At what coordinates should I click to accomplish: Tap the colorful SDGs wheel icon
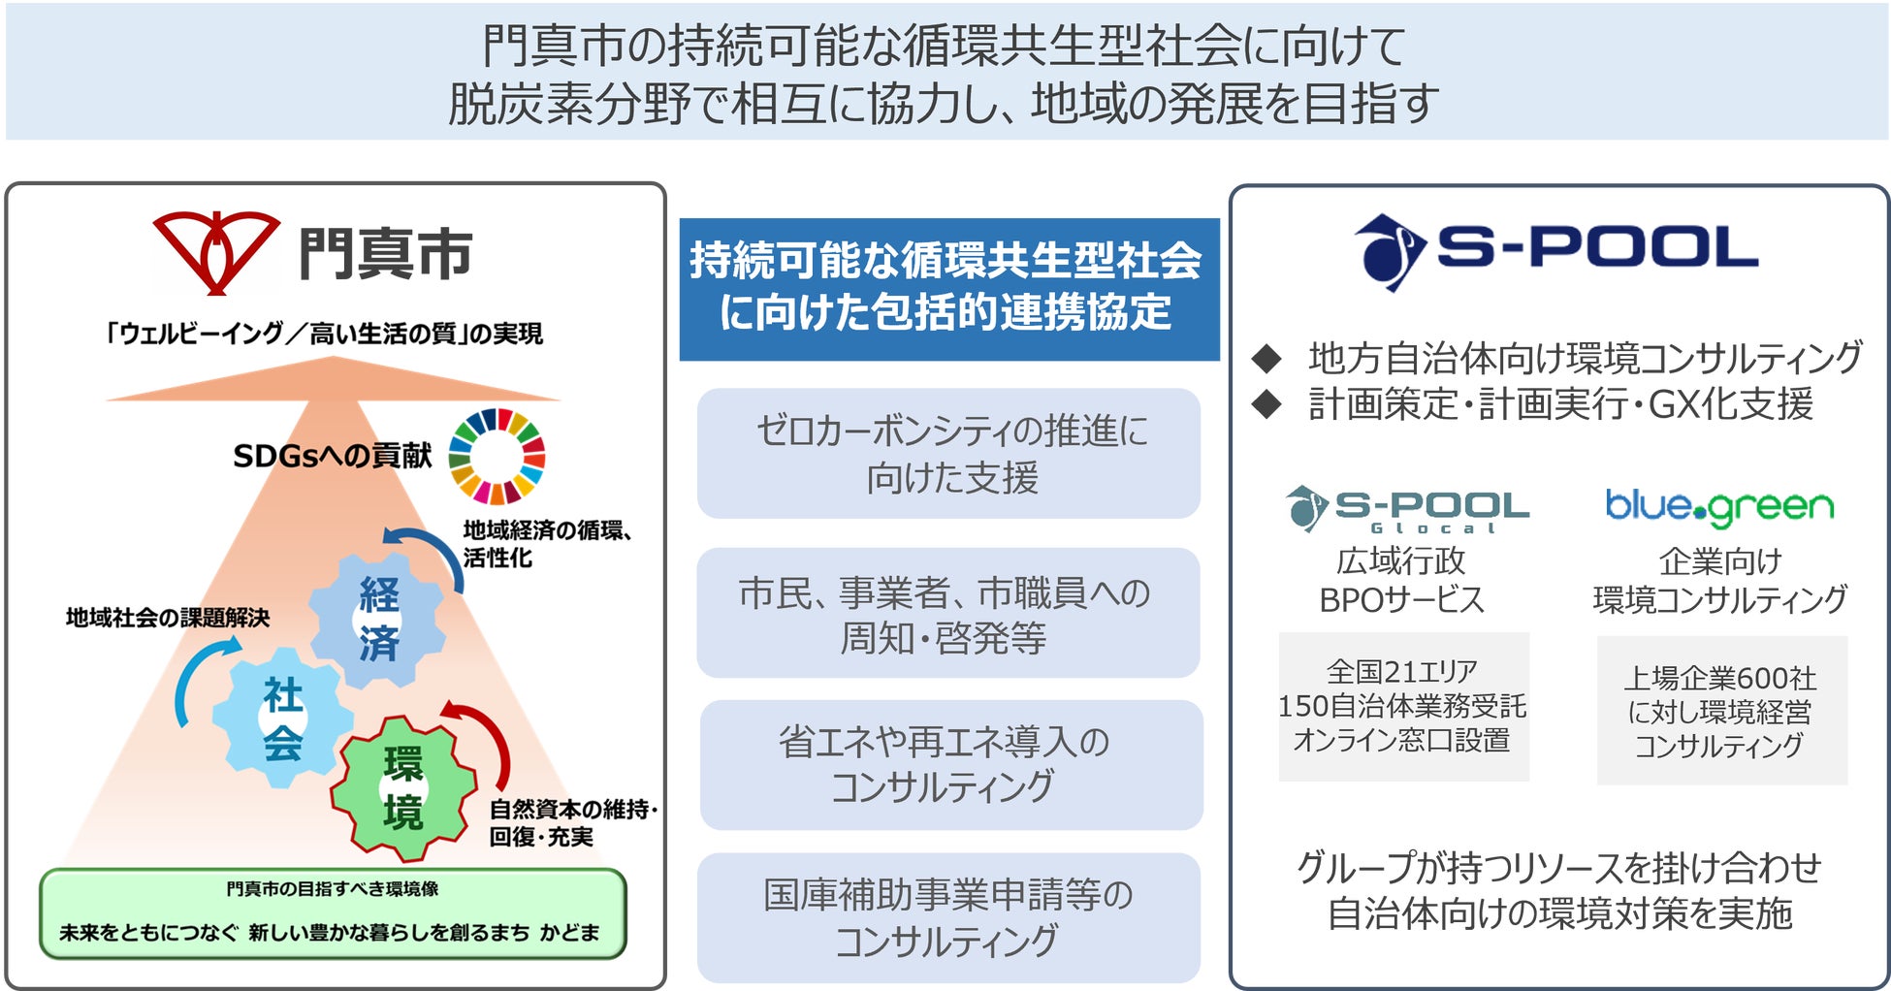(497, 456)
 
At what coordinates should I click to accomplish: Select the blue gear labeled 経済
(378, 619)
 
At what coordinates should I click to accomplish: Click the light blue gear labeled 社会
(282, 719)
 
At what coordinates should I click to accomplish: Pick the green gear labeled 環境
(402, 787)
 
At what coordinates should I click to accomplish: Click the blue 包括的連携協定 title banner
(948, 288)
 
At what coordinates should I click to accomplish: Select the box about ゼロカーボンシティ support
(948, 453)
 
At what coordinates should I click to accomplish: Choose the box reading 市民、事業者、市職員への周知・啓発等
(948, 613)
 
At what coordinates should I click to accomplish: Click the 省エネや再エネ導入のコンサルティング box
(950, 764)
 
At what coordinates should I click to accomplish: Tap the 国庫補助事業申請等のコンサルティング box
(948, 917)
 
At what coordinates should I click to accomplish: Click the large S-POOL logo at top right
(1555, 250)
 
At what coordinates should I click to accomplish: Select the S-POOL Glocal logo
(1406, 509)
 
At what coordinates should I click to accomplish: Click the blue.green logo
(1719, 506)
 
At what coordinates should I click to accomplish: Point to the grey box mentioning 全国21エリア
(1403, 706)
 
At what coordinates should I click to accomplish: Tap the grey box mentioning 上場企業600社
(1721, 710)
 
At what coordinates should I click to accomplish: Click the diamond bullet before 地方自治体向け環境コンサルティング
(1266, 359)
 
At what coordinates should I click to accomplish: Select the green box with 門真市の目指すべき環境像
(333, 912)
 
